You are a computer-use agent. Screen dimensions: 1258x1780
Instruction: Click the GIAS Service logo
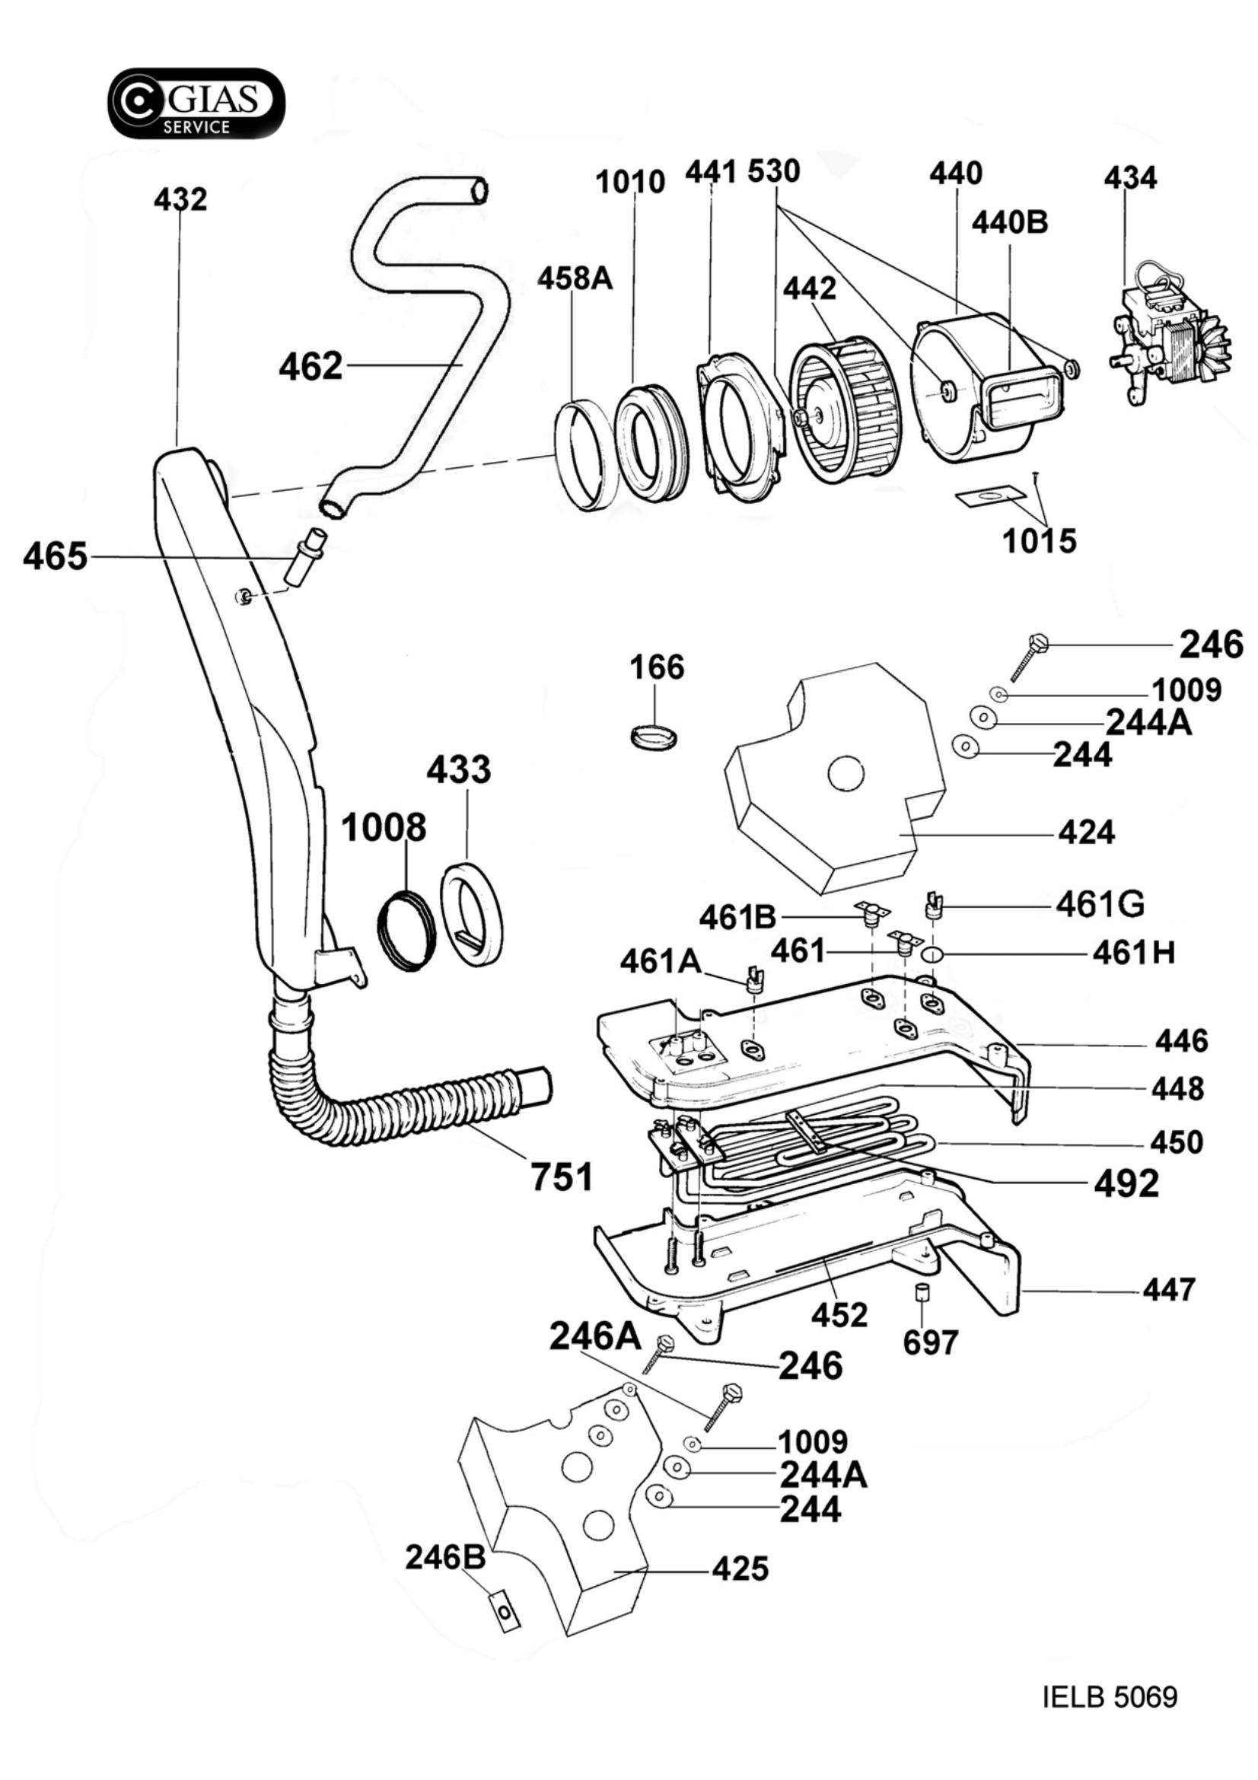(196, 103)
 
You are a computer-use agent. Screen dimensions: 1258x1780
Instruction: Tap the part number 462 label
(311, 366)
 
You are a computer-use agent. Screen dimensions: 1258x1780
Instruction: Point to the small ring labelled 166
(654, 734)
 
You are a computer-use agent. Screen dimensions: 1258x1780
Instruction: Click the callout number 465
(55, 556)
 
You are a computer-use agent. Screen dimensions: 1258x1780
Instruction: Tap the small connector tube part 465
(304, 557)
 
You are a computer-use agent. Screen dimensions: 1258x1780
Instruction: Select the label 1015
(1040, 541)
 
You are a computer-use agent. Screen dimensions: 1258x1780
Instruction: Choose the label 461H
(1134, 954)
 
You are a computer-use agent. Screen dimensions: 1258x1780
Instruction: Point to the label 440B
(1010, 222)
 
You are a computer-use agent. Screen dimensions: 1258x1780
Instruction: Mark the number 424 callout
(1087, 833)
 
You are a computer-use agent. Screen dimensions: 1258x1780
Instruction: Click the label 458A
(575, 279)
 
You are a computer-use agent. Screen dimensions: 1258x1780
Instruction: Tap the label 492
(1126, 1183)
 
